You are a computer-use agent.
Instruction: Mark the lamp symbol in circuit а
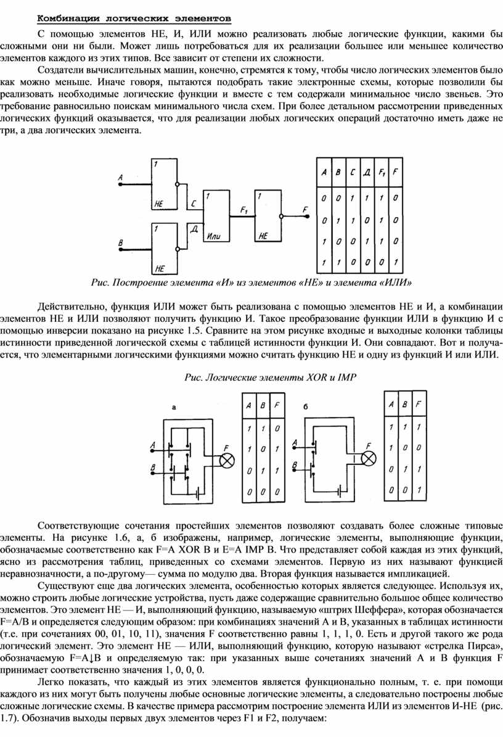(227, 459)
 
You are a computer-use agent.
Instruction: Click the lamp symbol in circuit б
(369, 458)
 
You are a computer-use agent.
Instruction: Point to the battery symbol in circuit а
(197, 493)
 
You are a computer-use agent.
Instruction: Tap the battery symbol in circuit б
(339, 492)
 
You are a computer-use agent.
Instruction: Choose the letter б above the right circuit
(306, 407)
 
